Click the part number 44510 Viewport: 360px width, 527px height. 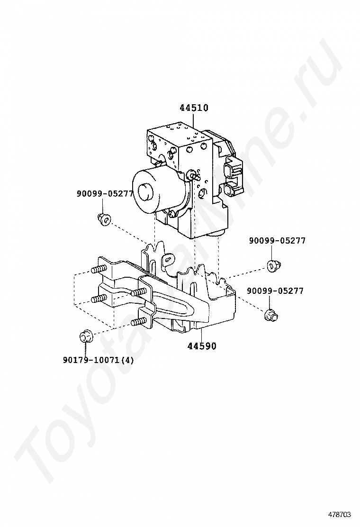tap(194, 108)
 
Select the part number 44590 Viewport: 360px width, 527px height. tap(201, 346)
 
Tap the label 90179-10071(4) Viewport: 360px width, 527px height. tap(98, 360)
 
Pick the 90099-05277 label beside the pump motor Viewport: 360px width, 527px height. tap(105, 193)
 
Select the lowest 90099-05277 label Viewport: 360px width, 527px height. tap(275, 291)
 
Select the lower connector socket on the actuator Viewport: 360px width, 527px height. tap(231, 190)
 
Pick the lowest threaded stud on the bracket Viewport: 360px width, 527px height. tap(137, 322)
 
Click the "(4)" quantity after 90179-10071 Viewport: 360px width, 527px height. tap(127, 360)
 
